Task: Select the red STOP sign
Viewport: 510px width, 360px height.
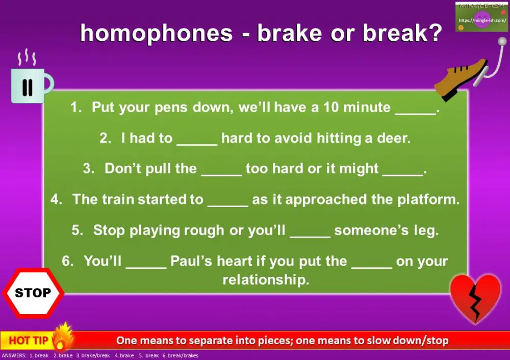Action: (33, 293)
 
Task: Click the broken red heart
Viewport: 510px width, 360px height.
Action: (475, 297)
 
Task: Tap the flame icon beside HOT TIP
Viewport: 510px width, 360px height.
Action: (64, 337)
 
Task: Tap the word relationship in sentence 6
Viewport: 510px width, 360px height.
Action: (266, 280)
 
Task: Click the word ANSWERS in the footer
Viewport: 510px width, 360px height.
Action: (14, 356)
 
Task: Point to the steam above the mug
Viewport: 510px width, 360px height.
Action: (25, 58)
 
